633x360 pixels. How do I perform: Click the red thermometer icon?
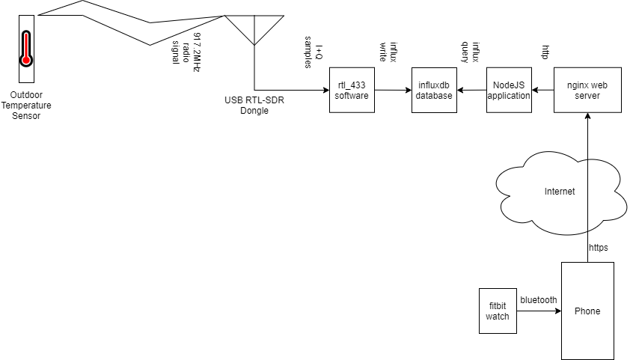26,49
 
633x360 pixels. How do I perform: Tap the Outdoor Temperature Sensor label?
26,106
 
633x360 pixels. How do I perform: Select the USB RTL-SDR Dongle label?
254,106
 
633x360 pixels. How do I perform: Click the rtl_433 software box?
352,91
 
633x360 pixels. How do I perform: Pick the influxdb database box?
434,91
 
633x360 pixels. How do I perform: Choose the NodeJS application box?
509,91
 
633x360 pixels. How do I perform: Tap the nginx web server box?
587,91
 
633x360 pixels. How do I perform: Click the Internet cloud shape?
560,191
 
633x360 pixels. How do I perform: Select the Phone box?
587,311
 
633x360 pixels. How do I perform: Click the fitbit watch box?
498,311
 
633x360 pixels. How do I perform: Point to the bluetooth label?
539,299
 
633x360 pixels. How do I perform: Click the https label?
598,247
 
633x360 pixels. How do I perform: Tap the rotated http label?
545,52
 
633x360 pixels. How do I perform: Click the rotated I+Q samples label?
313,52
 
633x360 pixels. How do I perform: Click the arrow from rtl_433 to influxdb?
393,91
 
